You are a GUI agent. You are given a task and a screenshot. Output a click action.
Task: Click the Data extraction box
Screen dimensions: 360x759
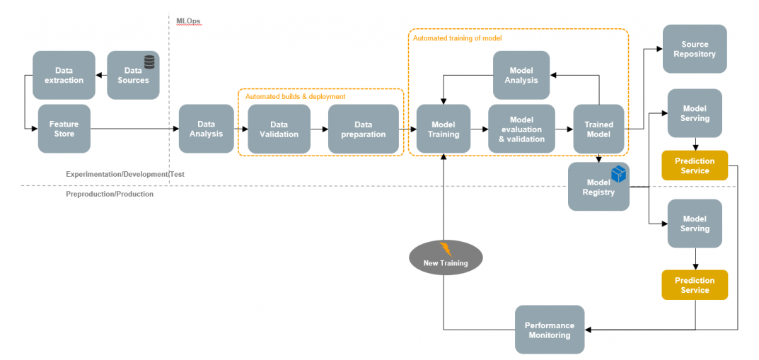64,75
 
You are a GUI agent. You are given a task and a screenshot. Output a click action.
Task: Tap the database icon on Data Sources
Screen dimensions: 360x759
149,62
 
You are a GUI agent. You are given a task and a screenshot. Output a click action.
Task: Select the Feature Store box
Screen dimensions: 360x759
64,129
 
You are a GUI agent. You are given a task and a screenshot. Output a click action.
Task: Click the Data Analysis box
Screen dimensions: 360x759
206,129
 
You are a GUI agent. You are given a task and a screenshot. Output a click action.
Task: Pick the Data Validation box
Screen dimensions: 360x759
279,129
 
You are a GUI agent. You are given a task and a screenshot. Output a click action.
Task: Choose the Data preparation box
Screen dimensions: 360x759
363,129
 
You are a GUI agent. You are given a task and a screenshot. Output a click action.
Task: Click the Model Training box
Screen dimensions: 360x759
444,129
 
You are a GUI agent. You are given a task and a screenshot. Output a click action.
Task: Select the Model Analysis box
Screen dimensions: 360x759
521,75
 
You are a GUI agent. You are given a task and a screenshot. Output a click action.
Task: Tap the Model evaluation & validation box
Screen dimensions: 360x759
521,129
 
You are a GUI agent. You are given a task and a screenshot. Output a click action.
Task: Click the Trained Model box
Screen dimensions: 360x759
598,129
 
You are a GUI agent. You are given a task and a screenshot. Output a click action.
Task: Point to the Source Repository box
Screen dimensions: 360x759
694,49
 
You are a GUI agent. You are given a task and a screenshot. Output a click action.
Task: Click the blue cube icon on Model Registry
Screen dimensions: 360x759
618,174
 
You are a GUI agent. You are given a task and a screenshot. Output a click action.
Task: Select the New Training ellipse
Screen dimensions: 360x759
445,257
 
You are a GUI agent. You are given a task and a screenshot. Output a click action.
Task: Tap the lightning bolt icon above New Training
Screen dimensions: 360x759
446,249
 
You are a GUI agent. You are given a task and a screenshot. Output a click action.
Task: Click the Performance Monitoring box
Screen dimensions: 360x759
550,330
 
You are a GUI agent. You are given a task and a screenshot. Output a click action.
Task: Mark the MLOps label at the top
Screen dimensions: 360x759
188,21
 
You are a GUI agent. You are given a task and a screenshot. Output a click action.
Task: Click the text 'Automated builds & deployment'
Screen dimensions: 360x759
295,96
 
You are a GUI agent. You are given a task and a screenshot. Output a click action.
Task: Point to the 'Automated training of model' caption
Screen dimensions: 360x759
457,38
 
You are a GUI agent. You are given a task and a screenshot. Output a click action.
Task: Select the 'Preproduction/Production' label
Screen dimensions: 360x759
110,194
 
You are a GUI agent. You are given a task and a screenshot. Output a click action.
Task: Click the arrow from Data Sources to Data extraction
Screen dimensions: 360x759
101,75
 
